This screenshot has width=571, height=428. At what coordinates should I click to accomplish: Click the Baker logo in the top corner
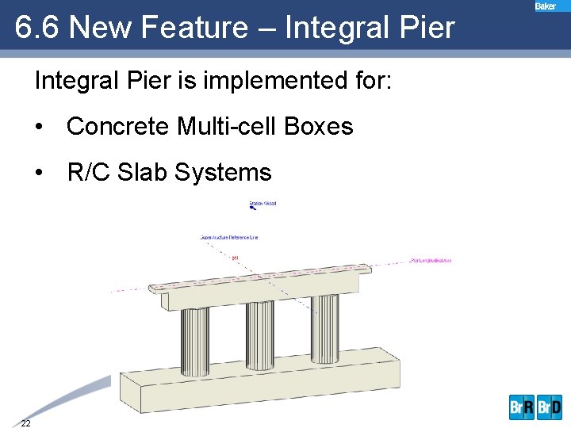[546, 6]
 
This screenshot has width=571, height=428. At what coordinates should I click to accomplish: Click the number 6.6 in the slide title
[37, 28]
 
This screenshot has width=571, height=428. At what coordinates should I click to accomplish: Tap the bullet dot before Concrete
[39, 128]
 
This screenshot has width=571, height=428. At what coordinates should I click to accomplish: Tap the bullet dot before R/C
[39, 173]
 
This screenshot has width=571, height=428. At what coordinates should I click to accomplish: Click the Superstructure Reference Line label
[229, 237]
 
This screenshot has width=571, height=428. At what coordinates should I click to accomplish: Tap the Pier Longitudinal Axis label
[431, 261]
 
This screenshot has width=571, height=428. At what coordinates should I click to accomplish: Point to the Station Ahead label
[263, 204]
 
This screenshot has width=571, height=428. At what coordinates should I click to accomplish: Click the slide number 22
[26, 422]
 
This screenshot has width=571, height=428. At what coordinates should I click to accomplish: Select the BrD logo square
[550, 407]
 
